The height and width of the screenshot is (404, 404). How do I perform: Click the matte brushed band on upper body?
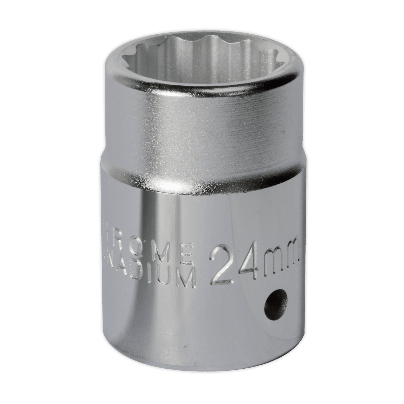[202, 135]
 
